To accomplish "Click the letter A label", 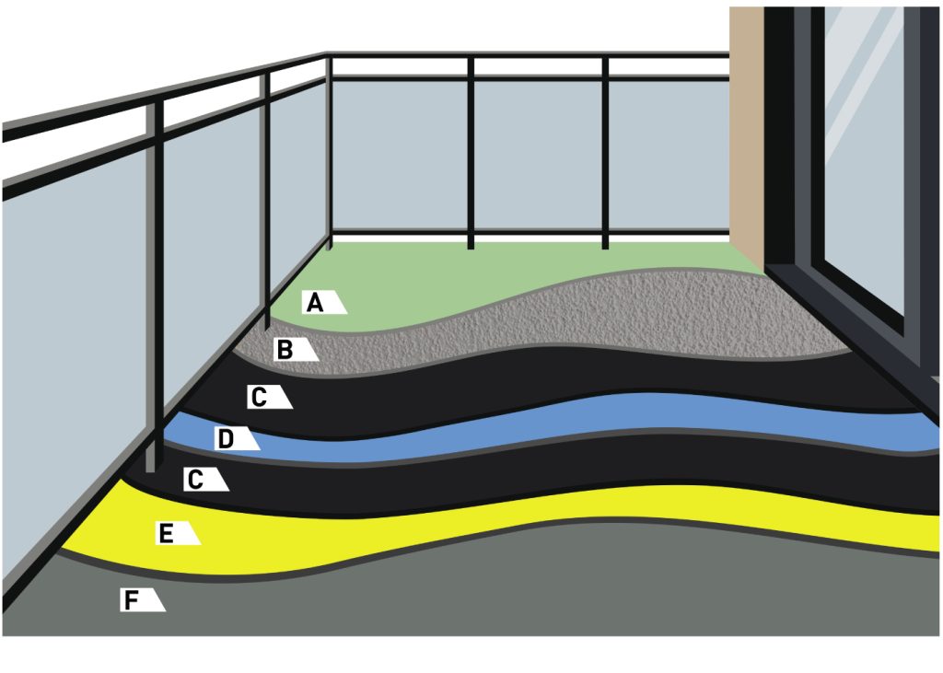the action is (x=323, y=302).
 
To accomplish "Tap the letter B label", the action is (x=296, y=349).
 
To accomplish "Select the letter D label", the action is (x=237, y=438).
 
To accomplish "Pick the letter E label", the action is (x=178, y=533).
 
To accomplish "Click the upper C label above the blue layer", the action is (x=270, y=397).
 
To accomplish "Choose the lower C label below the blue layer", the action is (x=206, y=480).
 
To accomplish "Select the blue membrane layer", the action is (x=541, y=430).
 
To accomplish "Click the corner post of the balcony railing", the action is (x=329, y=150).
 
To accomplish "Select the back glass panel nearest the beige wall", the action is (x=669, y=155).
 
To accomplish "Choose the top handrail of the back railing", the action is (x=528, y=55).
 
